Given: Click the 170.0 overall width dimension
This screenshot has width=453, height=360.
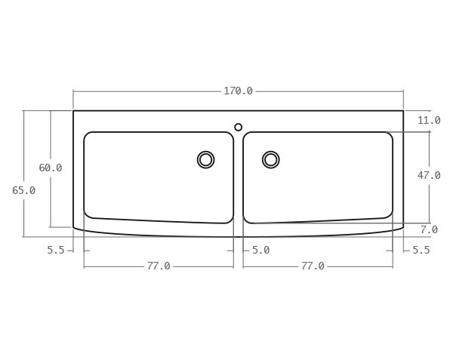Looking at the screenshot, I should [x=238, y=91].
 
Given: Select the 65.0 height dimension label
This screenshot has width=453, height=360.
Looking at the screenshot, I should [x=23, y=190].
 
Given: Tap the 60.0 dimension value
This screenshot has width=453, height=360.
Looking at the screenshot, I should [x=51, y=168].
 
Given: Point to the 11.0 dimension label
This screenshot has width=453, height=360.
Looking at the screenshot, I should [x=429, y=121].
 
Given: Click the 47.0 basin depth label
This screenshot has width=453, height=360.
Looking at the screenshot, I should [x=429, y=175].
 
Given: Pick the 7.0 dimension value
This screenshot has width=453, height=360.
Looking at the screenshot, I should [x=429, y=229].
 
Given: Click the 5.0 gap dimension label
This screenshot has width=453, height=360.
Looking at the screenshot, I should [x=260, y=250].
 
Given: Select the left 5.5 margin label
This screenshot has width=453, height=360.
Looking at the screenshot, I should [x=55, y=250].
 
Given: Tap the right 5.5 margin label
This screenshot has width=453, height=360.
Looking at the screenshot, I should [x=421, y=250].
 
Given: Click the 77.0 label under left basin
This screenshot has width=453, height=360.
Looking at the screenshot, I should [x=159, y=266].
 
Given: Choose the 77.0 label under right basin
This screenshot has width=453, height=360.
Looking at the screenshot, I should [x=313, y=266].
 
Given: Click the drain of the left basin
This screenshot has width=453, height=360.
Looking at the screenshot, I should [x=205, y=159].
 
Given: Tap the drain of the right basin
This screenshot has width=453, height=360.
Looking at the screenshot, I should [x=270, y=159].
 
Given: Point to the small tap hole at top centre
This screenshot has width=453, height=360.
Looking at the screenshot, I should [x=238, y=127].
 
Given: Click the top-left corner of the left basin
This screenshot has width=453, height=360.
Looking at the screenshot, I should [x=86, y=134].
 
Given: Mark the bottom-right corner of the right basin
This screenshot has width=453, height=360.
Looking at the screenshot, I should [x=390, y=216].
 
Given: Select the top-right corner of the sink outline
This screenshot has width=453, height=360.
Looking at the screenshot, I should [x=403, y=111].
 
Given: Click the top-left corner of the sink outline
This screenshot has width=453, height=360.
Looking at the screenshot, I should [x=73, y=111].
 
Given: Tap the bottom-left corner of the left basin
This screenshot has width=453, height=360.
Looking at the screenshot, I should [x=87, y=215].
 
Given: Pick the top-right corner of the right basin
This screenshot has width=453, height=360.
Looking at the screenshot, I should [x=390, y=134].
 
